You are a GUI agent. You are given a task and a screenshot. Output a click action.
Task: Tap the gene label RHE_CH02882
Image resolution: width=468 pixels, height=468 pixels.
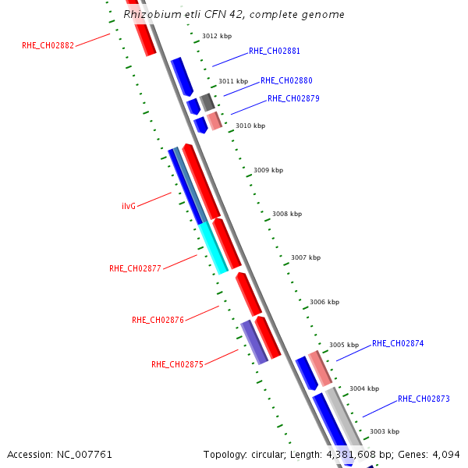point(48,45)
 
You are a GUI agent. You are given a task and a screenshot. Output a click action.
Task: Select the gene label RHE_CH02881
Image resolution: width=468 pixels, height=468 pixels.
point(275,51)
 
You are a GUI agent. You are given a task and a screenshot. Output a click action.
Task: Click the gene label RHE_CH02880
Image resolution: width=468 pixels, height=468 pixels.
point(286,80)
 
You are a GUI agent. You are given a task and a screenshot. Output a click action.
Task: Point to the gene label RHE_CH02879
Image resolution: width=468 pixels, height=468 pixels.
point(293,98)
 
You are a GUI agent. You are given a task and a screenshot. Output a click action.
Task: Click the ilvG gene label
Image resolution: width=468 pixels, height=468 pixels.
point(129,206)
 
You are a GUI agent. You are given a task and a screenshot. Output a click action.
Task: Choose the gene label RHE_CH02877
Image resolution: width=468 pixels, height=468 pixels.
point(135,268)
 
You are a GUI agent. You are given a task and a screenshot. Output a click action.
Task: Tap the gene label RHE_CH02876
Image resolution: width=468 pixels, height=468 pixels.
point(158,320)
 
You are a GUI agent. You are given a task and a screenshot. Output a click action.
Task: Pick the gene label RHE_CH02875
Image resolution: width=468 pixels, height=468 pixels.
point(177,364)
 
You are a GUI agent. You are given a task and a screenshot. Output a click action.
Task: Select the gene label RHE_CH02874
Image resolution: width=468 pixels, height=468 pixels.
point(398,343)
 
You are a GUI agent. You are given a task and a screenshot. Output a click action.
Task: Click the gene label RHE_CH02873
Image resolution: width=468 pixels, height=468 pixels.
point(424,399)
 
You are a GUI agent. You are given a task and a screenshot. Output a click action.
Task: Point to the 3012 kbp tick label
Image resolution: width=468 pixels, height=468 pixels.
point(217,36)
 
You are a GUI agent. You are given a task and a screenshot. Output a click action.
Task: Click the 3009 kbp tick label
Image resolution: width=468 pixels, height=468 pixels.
point(268,170)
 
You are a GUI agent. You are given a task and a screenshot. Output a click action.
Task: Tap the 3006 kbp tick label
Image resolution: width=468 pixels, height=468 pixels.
point(324,302)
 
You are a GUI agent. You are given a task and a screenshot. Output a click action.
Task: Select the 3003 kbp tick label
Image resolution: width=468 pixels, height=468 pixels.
point(385,431)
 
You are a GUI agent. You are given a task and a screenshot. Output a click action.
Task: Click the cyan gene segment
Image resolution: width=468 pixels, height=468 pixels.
point(213,248)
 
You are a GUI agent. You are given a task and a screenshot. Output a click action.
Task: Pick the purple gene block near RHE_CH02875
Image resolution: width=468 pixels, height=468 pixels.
point(254,342)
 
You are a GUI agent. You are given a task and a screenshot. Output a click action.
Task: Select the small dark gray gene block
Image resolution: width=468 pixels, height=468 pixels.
point(207,101)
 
